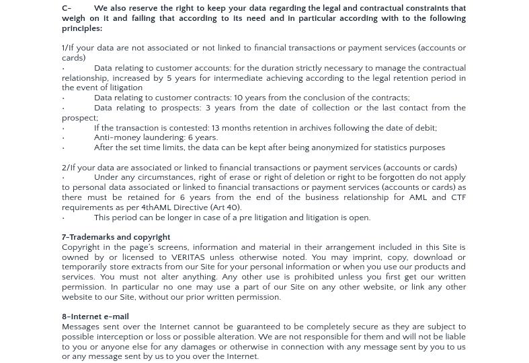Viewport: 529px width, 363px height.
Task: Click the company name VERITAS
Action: click(x=188, y=257)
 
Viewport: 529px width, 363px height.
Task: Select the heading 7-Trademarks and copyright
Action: click(x=116, y=237)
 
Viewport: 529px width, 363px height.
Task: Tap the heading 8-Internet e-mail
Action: click(x=95, y=317)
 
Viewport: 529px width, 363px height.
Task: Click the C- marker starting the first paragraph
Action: click(x=67, y=9)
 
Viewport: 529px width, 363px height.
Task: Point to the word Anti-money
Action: click(x=117, y=137)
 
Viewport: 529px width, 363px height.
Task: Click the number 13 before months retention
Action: click(x=215, y=128)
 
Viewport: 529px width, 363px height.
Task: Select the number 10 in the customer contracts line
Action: click(x=239, y=98)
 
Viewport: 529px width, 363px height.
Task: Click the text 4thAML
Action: click(x=157, y=207)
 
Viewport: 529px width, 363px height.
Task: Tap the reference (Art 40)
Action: click(x=226, y=207)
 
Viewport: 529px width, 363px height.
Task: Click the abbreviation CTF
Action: click(x=458, y=197)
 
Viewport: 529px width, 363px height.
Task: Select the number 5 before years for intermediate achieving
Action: click(x=169, y=78)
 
